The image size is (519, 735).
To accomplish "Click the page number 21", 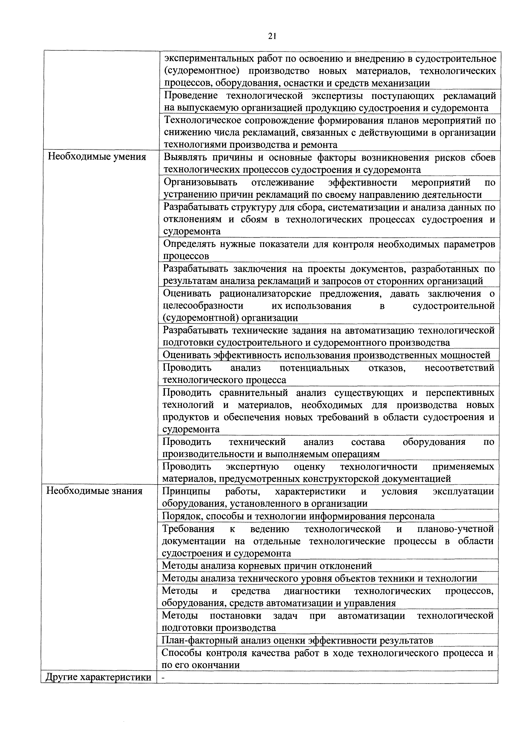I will [x=272, y=36].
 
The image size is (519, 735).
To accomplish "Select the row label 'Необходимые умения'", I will [x=97, y=157].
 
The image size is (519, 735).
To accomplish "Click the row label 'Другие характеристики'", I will [x=98, y=677].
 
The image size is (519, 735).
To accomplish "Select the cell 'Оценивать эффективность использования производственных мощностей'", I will [x=326, y=355].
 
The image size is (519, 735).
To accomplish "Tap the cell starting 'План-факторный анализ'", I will [x=297, y=640].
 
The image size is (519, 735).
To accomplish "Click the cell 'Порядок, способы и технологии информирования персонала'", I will [x=298, y=516].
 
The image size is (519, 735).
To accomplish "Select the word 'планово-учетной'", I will [x=455, y=529].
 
